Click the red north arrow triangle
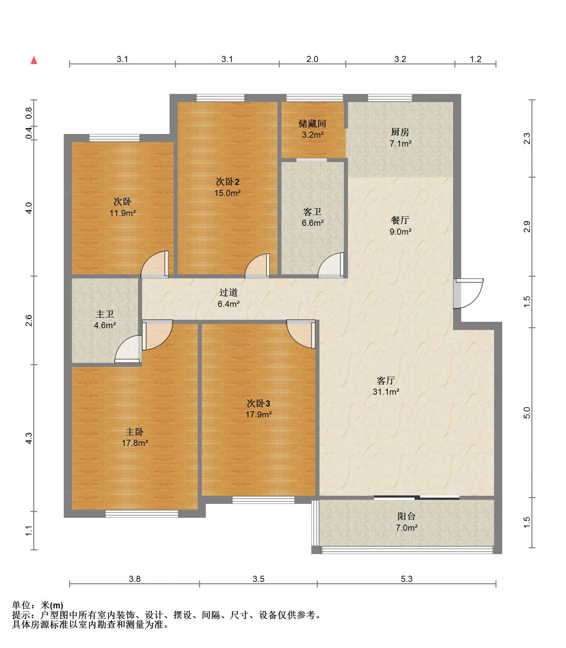(x=34, y=60)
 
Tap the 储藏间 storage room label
(x=312, y=124)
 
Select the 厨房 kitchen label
(x=400, y=132)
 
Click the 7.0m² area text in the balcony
(x=406, y=528)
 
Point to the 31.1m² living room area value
(x=386, y=392)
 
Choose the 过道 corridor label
(x=228, y=292)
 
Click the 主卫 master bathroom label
(x=105, y=314)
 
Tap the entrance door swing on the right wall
(x=468, y=294)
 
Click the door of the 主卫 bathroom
(x=128, y=349)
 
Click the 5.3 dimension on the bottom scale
(x=407, y=578)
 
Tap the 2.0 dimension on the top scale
(x=312, y=59)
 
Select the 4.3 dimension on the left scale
(x=29, y=438)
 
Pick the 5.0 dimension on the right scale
(x=526, y=413)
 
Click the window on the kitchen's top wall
(x=390, y=98)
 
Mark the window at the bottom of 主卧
(x=141, y=514)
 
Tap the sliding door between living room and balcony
(x=417, y=497)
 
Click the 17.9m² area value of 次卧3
(x=259, y=414)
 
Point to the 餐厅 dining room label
(x=400, y=220)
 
